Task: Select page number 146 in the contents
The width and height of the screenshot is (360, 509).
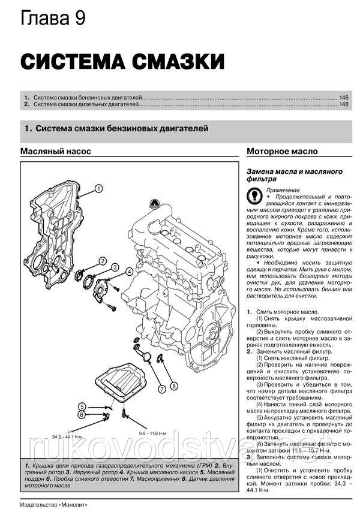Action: (344, 97)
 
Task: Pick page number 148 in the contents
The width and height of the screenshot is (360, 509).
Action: (344, 105)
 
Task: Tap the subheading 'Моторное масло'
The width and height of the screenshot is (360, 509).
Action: (282, 152)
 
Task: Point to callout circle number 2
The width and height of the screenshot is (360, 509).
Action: (103, 261)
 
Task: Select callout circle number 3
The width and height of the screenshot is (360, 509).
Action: (115, 266)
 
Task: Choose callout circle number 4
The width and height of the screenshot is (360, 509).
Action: (130, 272)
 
